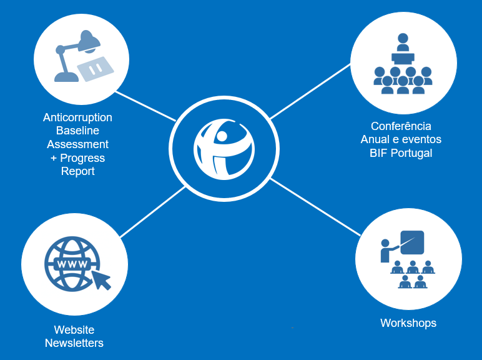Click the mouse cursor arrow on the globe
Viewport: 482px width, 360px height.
point(101,279)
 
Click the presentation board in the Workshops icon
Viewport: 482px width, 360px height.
point(411,242)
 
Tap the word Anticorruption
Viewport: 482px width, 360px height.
point(77,117)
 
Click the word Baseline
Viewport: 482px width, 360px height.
point(77,131)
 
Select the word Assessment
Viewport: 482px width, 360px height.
point(77,144)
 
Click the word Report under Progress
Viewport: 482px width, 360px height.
point(77,171)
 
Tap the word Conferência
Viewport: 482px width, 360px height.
point(400,126)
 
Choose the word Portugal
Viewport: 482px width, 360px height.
point(410,153)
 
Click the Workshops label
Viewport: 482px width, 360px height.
point(408,323)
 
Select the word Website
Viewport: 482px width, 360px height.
point(74,329)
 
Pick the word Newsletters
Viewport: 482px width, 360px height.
point(74,343)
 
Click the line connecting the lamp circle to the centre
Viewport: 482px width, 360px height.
point(145,106)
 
